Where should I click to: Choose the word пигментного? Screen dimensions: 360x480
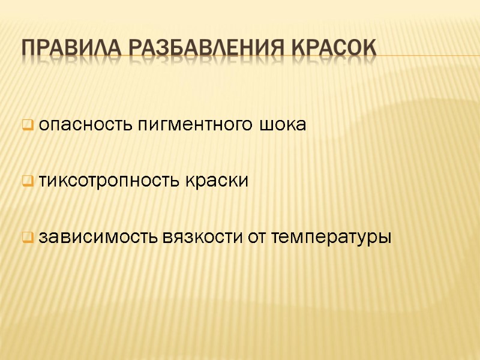188,126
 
